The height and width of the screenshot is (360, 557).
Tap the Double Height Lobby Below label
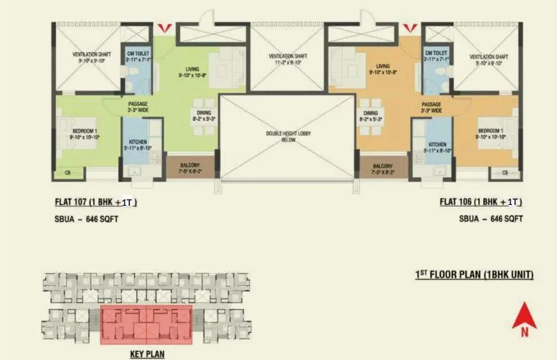click(281, 137)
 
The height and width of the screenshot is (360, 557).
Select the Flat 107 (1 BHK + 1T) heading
click(97, 201)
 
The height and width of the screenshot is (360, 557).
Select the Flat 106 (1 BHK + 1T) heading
click(481, 201)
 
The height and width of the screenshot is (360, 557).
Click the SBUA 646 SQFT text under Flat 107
click(87, 219)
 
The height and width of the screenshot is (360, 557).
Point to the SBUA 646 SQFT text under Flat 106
click(491, 219)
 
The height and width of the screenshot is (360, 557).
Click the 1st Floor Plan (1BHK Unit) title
click(474, 275)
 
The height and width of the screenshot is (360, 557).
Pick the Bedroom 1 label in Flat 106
click(492, 133)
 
